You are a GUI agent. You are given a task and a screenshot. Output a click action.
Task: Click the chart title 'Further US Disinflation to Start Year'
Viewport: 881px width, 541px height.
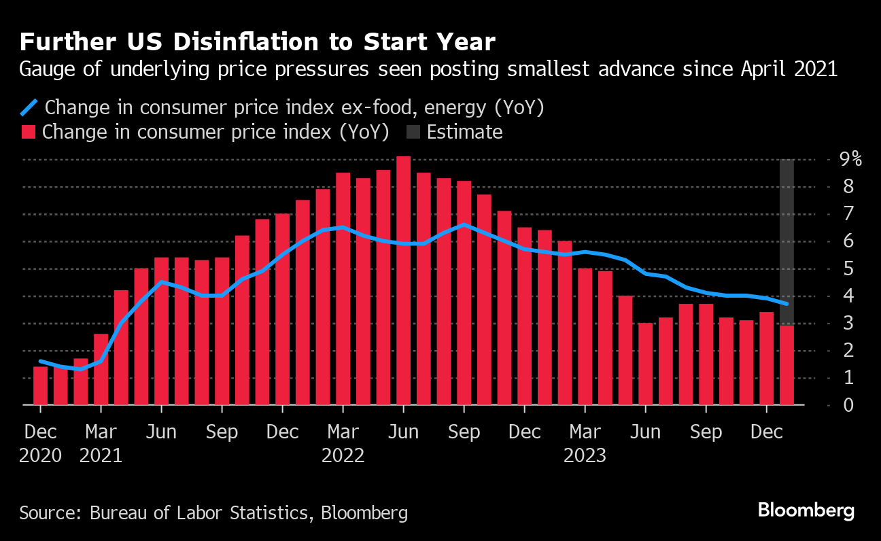pyautogui.click(x=257, y=42)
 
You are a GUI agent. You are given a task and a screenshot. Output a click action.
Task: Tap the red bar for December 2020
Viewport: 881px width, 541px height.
pyautogui.click(x=41, y=385)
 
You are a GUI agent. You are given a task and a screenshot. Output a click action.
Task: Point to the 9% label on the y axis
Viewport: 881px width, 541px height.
pyautogui.click(x=850, y=160)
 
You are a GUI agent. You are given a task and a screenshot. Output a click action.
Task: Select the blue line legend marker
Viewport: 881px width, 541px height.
pyautogui.click(x=29, y=107)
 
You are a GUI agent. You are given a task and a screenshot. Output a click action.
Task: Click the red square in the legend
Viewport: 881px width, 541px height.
pyautogui.click(x=29, y=132)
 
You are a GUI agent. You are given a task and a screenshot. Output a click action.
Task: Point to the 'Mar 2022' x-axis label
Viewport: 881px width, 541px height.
pyautogui.click(x=343, y=443)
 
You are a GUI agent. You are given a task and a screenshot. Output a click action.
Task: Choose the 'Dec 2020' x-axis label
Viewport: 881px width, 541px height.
pyautogui.click(x=40, y=443)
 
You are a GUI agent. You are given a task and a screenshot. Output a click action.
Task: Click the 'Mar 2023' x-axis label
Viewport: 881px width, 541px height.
pyautogui.click(x=585, y=443)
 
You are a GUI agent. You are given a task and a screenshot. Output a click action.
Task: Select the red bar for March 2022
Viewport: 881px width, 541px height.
pyautogui.click(x=343, y=289)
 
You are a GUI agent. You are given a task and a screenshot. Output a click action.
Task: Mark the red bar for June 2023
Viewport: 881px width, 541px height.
pyautogui.click(x=646, y=364)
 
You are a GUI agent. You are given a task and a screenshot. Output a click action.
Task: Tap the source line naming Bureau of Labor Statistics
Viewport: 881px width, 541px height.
pyautogui.click(x=213, y=512)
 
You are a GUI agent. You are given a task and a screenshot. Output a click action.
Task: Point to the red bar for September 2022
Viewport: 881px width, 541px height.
pyautogui.click(x=464, y=293)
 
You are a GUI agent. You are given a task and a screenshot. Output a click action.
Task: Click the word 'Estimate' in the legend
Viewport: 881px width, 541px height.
pyautogui.click(x=465, y=132)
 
